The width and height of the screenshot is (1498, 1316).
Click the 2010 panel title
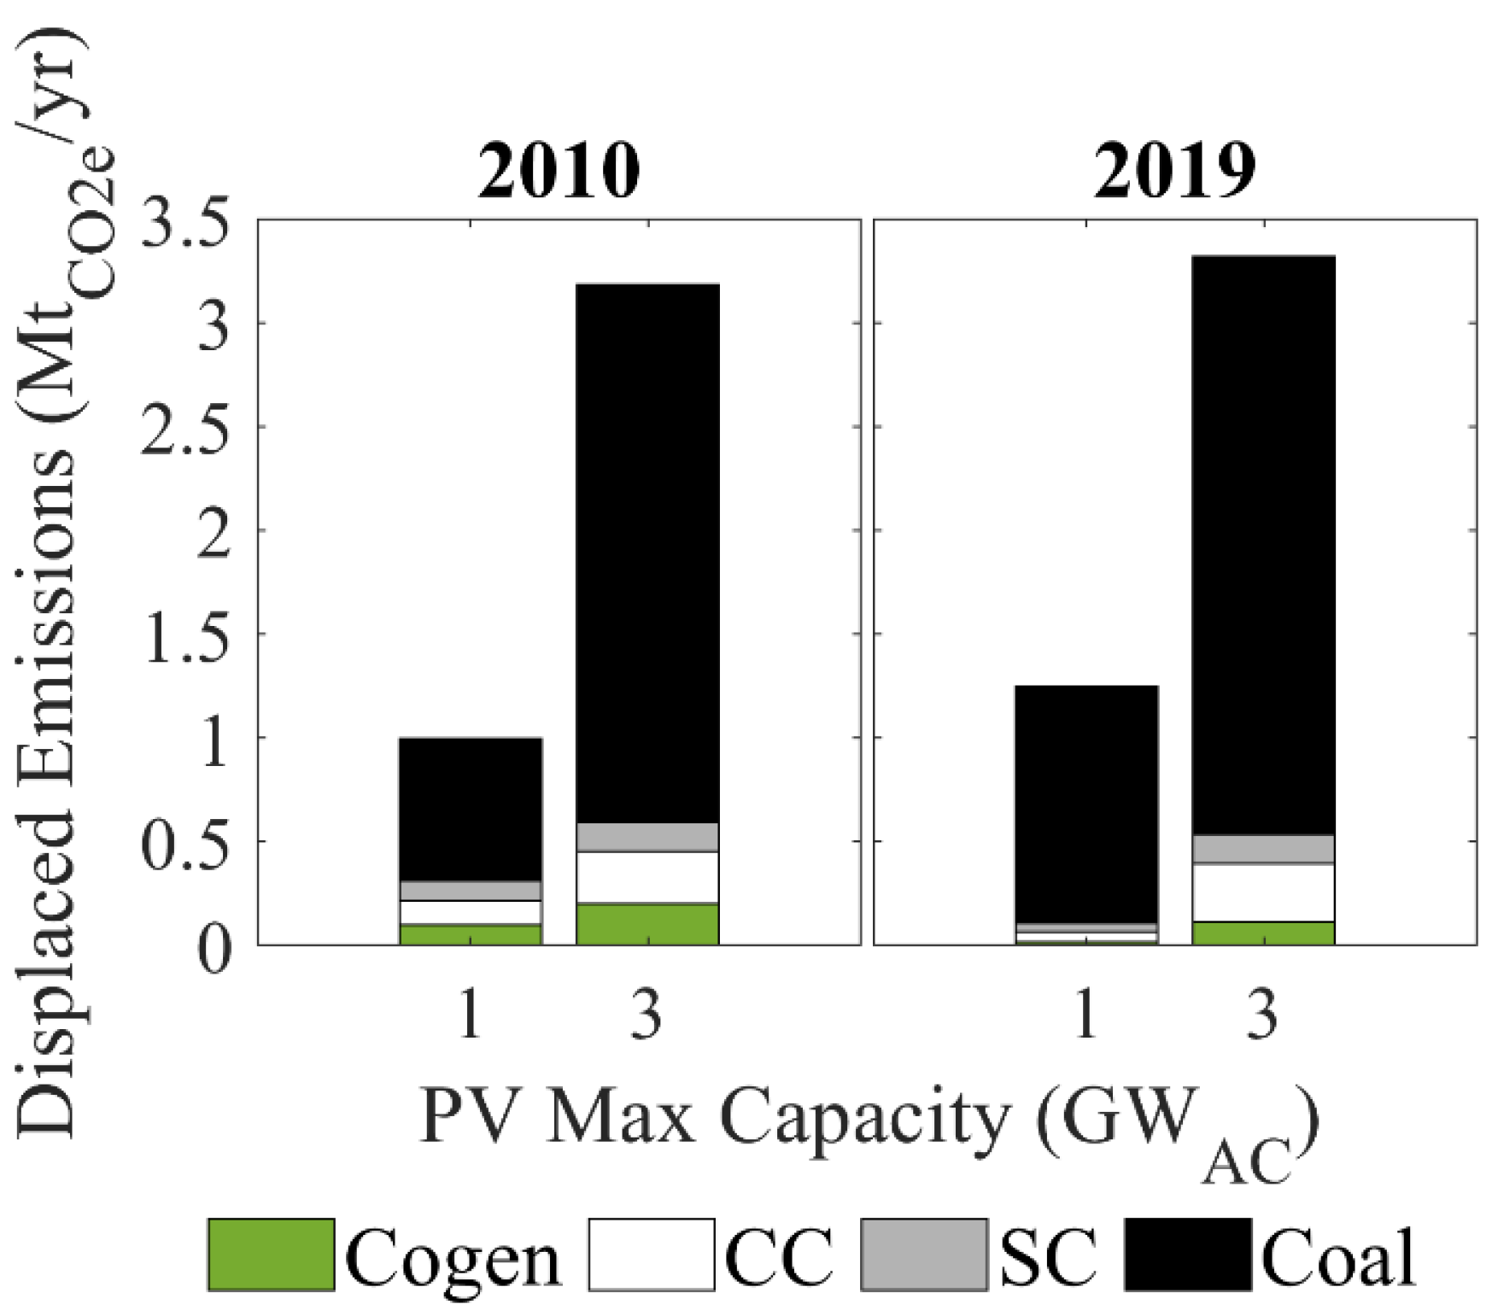click(x=559, y=171)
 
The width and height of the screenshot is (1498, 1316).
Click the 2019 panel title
click(x=1174, y=171)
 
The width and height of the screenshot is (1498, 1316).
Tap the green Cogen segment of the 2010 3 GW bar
click(x=647, y=924)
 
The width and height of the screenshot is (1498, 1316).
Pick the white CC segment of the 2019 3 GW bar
click(x=1263, y=892)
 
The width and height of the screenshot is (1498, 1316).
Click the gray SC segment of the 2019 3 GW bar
click(x=1263, y=849)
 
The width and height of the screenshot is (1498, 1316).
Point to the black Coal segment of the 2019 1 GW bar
click(x=1085, y=804)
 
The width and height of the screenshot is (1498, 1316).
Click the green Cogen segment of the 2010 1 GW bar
click(x=470, y=934)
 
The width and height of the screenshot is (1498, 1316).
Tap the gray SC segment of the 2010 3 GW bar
click(x=647, y=837)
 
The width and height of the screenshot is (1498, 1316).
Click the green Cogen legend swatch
click(x=271, y=1255)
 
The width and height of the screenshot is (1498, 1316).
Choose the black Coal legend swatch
click(x=1187, y=1255)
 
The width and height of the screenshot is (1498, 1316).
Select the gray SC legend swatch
click(x=923, y=1255)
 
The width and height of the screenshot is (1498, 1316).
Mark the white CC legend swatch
click(x=651, y=1255)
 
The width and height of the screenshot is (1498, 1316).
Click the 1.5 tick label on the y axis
click(x=186, y=637)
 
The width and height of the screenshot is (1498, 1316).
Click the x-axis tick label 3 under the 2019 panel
click(x=1263, y=1015)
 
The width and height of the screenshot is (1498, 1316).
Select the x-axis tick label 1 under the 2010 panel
click(x=470, y=1015)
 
